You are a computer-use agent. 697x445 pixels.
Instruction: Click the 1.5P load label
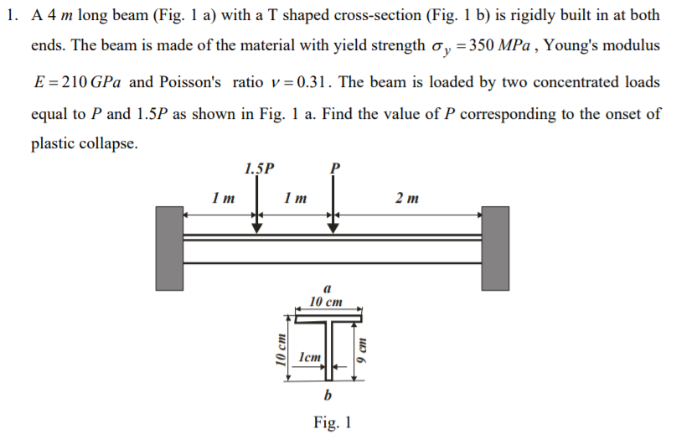click(259, 168)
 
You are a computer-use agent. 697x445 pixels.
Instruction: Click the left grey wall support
click(169, 248)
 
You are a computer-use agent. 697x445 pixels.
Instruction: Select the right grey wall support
click(494, 248)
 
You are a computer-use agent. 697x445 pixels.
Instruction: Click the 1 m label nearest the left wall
click(223, 199)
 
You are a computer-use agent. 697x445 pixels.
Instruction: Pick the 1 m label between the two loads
click(295, 199)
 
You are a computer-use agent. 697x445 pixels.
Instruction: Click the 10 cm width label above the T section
click(326, 301)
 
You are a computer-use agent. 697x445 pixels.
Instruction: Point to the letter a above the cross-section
click(325, 287)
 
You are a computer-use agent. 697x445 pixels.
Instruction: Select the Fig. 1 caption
click(332, 422)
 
